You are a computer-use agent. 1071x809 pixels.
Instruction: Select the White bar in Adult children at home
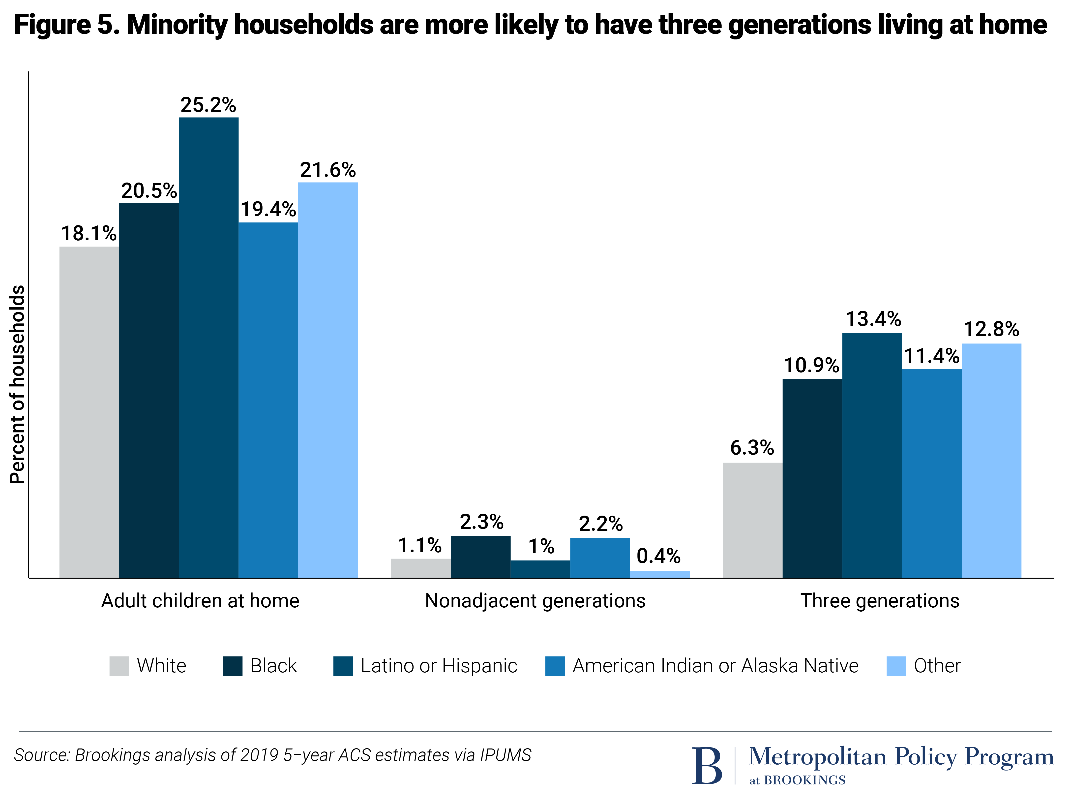[x=89, y=412]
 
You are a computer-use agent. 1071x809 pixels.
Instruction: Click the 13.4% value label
[x=873, y=319]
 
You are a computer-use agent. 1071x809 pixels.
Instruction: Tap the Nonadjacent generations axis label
[x=535, y=601]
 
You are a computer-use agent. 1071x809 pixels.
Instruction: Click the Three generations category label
[x=879, y=601]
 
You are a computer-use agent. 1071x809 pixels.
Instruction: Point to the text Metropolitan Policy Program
[x=901, y=757]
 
